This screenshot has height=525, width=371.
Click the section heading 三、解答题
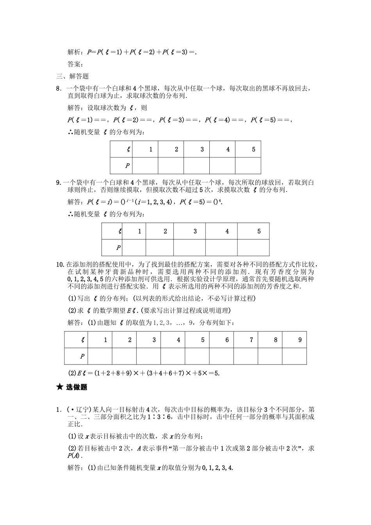(73, 76)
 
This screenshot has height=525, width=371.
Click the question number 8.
(58, 89)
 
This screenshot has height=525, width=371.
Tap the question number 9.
(58, 182)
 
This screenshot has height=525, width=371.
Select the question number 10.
(60, 265)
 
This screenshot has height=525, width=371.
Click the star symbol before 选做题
(59, 387)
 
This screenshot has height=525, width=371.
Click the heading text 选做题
(77, 387)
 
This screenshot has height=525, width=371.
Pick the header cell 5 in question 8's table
(248, 149)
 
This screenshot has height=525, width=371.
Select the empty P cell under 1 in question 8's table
(145, 166)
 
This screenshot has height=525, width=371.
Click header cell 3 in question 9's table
(189, 231)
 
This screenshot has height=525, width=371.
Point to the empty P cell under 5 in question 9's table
(253, 247)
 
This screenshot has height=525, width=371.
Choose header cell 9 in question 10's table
(294, 340)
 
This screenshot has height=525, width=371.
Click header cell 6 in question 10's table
(221, 340)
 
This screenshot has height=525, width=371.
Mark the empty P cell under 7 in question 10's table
(246, 356)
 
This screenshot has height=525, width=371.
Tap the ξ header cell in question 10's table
(77, 340)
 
